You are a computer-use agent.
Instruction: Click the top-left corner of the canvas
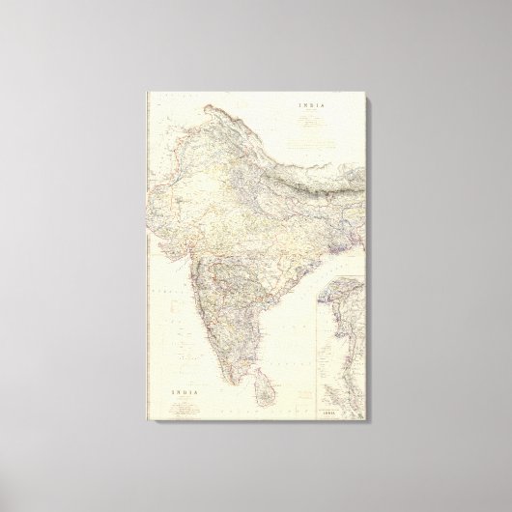tap(147, 91)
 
